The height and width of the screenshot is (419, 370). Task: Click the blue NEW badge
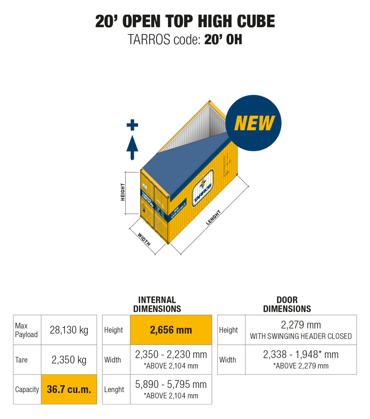click(x=253, y=123)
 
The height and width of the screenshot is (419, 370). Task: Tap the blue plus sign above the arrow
click(x=132, y=125)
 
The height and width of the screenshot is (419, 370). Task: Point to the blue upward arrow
click(x=132, y=147)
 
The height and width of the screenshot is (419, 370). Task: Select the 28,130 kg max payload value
click(x=69, y=330)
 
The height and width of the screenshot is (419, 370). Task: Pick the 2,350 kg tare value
click(x=69, y=360)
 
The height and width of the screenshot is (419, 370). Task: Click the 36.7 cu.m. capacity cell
click(x=69, y=389)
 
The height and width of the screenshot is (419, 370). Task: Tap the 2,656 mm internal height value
click(x=171, y=330)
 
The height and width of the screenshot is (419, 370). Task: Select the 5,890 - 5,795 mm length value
click(x=171, y=385)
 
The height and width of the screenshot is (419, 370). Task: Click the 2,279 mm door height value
click(x=301, y=325)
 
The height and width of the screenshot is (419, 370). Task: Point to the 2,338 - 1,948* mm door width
click(x=301, y=355)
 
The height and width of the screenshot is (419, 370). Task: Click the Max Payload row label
click(x=27, y=330)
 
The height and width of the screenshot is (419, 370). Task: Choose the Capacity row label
click(x=27, y=390)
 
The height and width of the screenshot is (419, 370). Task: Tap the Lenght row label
click(x=114, y=390)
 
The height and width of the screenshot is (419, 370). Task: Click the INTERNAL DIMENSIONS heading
click(x=157, y=304)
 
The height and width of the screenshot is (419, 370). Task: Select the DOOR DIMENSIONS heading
click(x=287, y=304)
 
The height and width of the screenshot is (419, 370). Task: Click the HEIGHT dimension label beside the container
click(x=123, y=192)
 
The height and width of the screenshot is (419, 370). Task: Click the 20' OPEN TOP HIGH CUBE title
click(x=185, y=22)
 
